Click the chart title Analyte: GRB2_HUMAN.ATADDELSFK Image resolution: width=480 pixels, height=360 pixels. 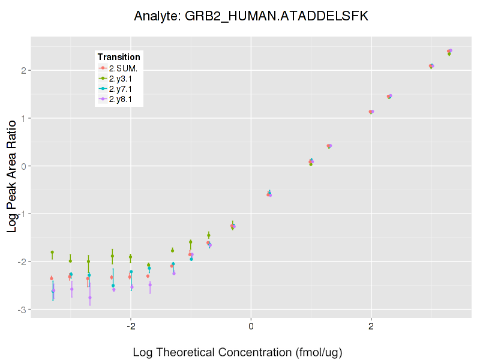point(251,16)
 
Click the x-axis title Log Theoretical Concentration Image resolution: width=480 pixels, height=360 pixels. point(237,352)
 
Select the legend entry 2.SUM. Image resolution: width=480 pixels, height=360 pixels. point(123,68)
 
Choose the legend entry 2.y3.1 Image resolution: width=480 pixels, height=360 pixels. point(122,79)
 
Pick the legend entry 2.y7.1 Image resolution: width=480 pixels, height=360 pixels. point(122,89)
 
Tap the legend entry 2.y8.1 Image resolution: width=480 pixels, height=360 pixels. point(122,99)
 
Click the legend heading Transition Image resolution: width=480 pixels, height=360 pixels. point(119,57)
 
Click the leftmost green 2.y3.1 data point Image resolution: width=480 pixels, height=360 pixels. point(52,253)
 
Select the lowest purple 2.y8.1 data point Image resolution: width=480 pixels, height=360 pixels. point(90,298)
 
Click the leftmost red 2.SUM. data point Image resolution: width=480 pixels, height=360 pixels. point(52,278)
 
